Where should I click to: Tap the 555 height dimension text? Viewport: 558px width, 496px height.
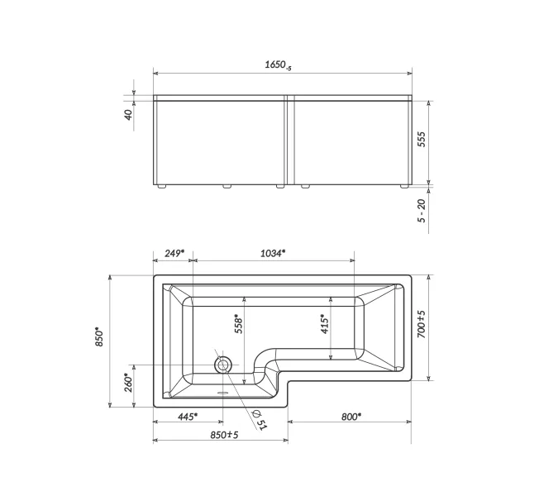point(421,139)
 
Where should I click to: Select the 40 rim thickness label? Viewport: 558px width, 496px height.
point(128,115)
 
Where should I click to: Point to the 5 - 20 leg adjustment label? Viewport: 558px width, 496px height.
point(421,211)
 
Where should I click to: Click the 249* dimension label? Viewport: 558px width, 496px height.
point(173,253)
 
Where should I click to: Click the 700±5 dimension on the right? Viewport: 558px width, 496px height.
point(421,325)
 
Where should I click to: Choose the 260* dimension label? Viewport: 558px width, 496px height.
point(128,384)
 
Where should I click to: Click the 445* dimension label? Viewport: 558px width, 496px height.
point(188,417)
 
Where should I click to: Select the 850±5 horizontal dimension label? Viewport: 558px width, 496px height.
point(224,434)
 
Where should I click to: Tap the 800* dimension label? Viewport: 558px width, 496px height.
point(350,417)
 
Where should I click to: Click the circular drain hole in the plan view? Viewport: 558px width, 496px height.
point(223,365)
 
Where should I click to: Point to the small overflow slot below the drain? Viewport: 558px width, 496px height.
point(222,393)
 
